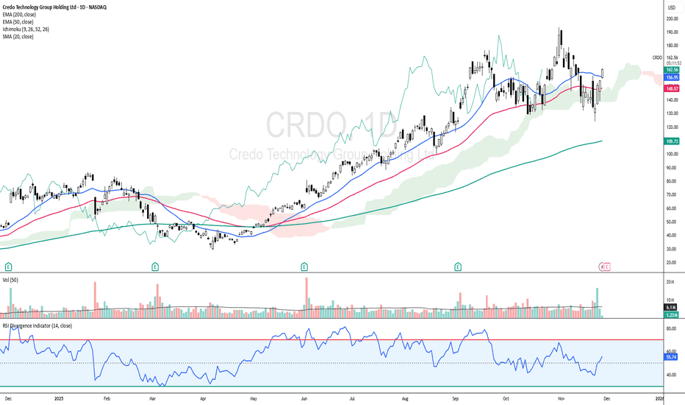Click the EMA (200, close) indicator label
pos(21,15)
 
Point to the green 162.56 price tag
pos(671,69)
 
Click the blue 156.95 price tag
pos(671,77)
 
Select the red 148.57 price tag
pos(671,88)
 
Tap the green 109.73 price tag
pos(671,141)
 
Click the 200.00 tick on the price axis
pos(671,18)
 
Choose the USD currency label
pos(670,7)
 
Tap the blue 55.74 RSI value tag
pos(670,357)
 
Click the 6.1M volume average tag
pos(671,308)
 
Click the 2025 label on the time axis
pos(60,398)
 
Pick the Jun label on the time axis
pos(303,398)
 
